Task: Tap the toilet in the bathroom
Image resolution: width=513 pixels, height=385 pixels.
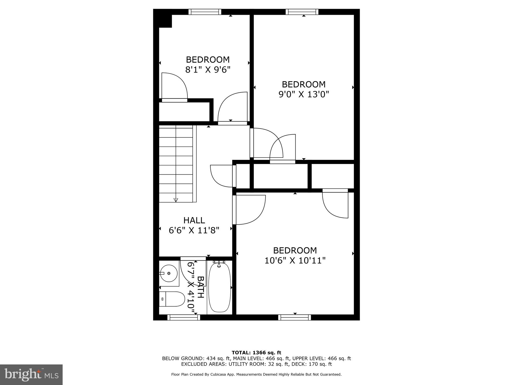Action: coord(172,299)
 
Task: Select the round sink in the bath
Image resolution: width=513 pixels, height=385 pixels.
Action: coord(169,273)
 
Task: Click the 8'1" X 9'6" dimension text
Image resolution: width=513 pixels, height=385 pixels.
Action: coord(208,69)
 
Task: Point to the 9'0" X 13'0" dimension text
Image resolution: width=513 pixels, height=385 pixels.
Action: coord(304,94)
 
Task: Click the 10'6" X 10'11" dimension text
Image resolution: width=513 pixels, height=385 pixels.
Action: coord(295,261)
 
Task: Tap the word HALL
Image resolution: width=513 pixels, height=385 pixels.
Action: coord(194,220)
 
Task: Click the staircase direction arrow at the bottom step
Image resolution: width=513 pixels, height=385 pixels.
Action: coord(176,200)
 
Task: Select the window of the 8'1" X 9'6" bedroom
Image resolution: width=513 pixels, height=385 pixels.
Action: coord(205,12)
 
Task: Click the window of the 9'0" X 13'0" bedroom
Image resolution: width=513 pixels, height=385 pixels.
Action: coord(302,12)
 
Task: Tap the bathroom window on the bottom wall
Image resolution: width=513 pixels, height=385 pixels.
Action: coord(184,317)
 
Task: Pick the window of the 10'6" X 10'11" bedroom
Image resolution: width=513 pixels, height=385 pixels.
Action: coord(295,317)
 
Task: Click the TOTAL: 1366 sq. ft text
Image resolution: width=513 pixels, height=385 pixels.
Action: coord(256,353)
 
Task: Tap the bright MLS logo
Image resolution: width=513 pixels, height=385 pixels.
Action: coord(31,374)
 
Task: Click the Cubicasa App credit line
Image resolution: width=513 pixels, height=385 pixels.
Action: coord(256,374)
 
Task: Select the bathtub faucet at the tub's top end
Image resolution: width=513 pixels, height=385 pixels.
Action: coord(219,263)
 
